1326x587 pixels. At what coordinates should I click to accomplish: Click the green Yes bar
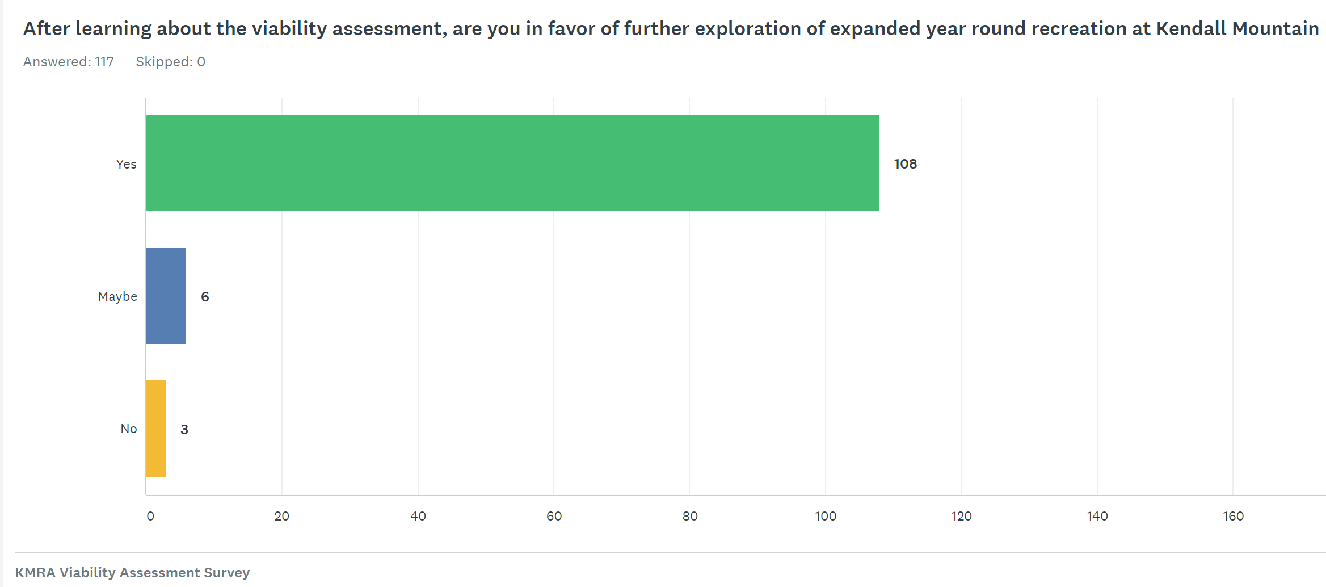pos(512,163)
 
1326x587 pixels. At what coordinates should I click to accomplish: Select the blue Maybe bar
pos(166,296)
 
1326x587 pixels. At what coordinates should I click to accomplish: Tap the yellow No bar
pos(155,429)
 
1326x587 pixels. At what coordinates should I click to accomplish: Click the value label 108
pos(905,164)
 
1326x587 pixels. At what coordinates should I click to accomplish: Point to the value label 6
pos(205,297)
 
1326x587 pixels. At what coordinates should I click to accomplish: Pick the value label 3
pos(184,430)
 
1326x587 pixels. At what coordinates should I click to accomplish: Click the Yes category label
pos(126,164)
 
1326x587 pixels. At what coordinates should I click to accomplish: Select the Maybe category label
pos(117,296)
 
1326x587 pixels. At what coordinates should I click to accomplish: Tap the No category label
pos(129,429)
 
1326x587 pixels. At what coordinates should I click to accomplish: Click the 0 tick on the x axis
pos(150,516)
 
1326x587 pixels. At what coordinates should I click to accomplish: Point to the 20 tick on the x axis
pos(281,516)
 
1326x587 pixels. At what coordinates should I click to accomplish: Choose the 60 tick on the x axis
pos(554,516)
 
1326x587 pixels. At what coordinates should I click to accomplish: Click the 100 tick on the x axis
pos(826,516)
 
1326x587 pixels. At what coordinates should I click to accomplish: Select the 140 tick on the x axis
pos(1097,516)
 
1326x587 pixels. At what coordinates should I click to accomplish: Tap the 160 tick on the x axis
pos(1233,516)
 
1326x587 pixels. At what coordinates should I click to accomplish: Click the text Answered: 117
pos(68,61)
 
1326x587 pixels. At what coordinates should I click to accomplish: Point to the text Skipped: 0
pos(170,61)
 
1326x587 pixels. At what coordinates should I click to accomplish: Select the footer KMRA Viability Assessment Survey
pos(132,572)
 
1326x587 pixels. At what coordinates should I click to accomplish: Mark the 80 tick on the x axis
pos(690,516)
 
